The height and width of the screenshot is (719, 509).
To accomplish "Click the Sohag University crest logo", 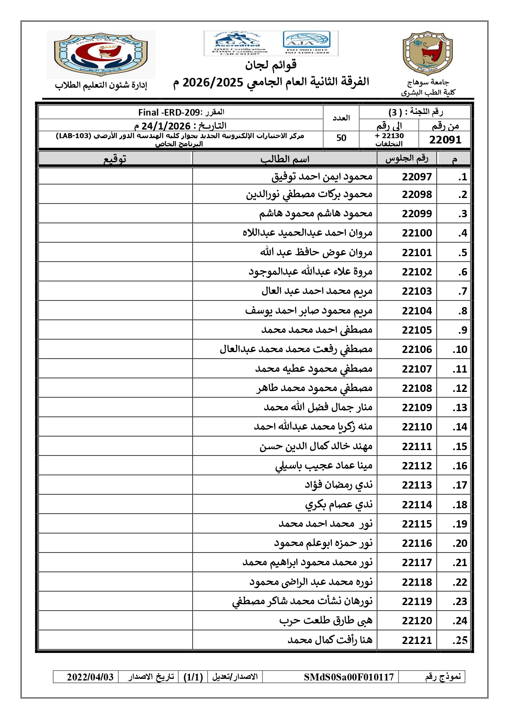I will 428,54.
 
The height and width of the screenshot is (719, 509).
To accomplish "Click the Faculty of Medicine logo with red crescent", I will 101,54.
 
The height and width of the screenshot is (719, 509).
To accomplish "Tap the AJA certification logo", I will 306,43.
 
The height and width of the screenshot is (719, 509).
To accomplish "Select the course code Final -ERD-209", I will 169,112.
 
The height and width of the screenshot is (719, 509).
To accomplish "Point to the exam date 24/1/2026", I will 166,126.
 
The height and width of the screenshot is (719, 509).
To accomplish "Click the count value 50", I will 341,138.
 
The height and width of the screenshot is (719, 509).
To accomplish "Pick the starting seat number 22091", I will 445,140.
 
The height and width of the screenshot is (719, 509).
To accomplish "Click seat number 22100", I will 417,233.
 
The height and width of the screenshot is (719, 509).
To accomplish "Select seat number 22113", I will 417,485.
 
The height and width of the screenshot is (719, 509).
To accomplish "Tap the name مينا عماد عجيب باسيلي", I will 324,466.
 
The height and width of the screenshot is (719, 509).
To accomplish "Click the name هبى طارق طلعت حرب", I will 326,621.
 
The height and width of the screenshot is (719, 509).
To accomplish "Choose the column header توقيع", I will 115,159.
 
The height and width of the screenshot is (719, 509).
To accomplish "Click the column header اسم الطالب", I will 285,159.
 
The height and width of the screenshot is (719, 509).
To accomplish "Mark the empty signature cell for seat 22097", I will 115,177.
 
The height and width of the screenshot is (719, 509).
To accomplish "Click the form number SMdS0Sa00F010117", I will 349,677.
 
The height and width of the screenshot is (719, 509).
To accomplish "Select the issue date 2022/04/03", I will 90,677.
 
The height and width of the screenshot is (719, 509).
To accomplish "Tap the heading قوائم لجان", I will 271,65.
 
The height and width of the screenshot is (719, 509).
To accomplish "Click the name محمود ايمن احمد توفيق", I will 322,177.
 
